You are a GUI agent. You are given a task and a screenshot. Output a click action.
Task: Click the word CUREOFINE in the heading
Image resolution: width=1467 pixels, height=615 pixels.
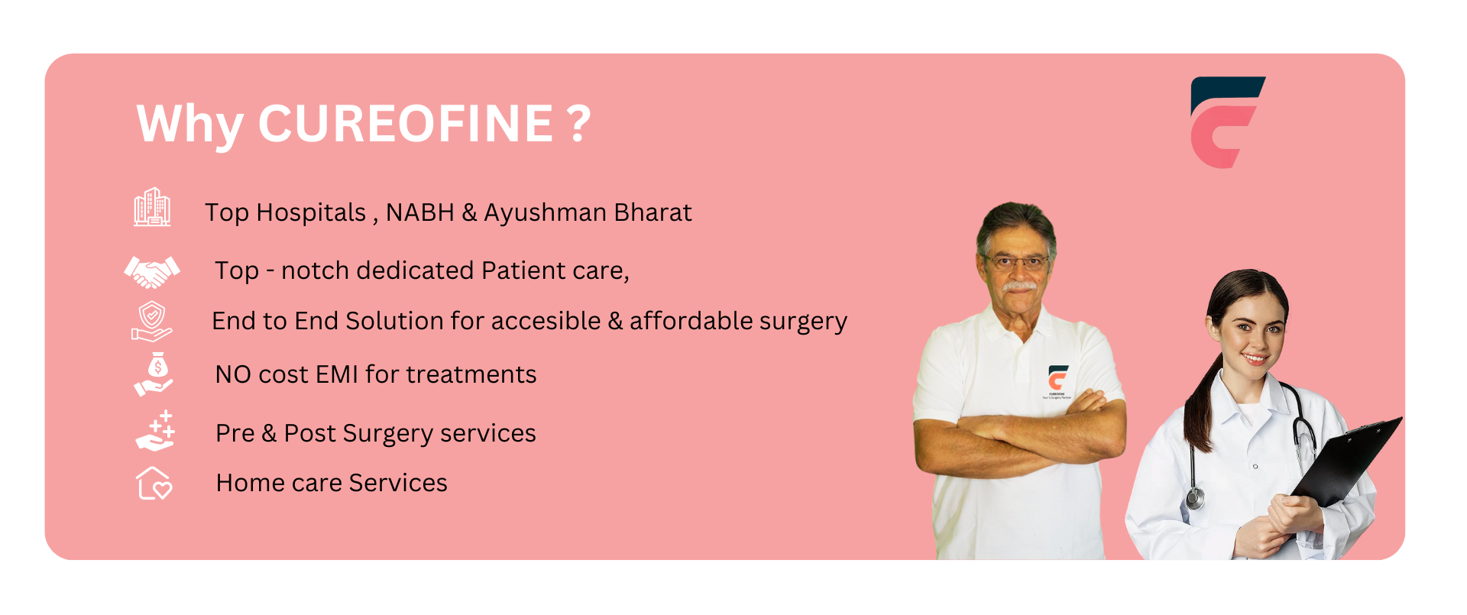(406, 124)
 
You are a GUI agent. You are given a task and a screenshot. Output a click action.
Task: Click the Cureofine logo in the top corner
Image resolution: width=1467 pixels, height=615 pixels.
(1227, 122)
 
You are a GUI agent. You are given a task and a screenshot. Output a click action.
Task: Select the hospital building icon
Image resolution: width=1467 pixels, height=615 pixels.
(152, 207)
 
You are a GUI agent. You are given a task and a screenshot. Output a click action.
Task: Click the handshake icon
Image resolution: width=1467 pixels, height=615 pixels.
(152, 271)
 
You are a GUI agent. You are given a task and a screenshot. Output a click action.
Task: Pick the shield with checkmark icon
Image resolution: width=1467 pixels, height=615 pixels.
(151, 321)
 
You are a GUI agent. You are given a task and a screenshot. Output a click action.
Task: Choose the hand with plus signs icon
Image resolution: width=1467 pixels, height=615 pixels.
(155, 431)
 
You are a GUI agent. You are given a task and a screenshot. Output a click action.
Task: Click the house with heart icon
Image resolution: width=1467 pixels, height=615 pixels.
(154, 483)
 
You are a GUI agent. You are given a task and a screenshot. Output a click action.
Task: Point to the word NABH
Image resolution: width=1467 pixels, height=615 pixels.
(420, 212)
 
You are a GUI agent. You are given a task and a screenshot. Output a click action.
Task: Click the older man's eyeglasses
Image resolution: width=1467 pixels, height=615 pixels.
(1017, 263)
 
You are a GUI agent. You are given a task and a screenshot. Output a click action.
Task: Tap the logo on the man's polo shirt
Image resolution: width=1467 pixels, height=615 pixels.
(1057, 382)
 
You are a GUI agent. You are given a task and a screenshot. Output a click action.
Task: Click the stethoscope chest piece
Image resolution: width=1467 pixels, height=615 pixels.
(1194, 499)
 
